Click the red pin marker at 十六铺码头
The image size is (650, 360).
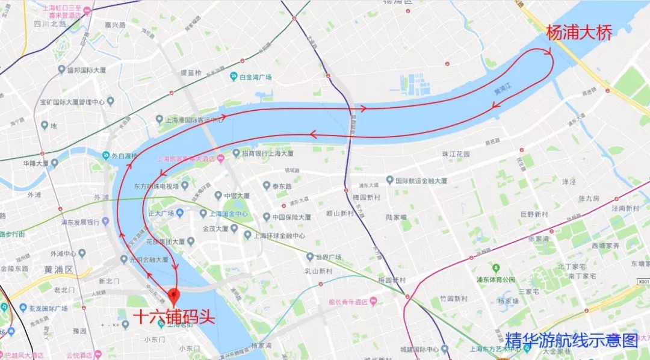(x=174, y=296)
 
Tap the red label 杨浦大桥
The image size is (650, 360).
(x=578, y=33)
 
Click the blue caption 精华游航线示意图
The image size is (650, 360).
(x=571, y=340)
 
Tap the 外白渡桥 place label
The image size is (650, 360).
(x=123, y=156)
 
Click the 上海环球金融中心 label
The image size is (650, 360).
(x=279, y=235)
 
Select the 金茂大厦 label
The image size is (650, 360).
(x=215, y=229)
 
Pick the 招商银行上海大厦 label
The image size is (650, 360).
(x=267, y=154)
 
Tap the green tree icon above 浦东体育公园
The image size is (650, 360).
(x=496, y=267)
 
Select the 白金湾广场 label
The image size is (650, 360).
(x=255, y=77)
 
